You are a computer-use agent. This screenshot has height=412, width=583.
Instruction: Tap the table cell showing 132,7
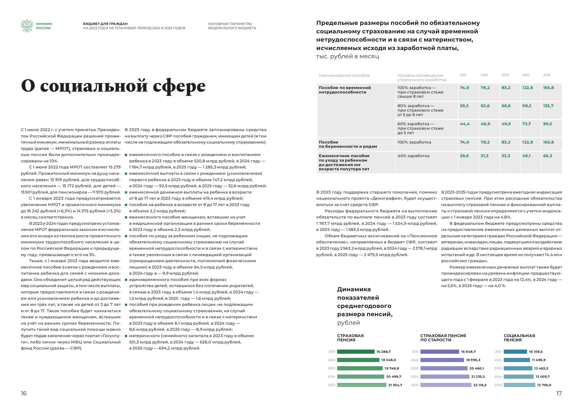(548, 106)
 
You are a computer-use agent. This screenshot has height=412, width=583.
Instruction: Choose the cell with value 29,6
(464, 156)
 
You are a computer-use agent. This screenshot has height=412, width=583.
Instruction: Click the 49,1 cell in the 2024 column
(526, 156)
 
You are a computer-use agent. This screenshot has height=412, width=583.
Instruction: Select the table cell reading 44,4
(465, 124)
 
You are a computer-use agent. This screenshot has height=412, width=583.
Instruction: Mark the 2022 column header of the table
(484, 75)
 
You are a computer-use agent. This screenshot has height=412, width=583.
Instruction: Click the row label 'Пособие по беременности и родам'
(348, 144)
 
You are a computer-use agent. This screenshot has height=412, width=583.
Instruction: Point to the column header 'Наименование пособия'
(344, 75)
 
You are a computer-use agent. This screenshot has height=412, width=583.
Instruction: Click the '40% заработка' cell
(413, 156)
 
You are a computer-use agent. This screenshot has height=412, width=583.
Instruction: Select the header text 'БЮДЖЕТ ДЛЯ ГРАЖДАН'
(105, 24)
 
